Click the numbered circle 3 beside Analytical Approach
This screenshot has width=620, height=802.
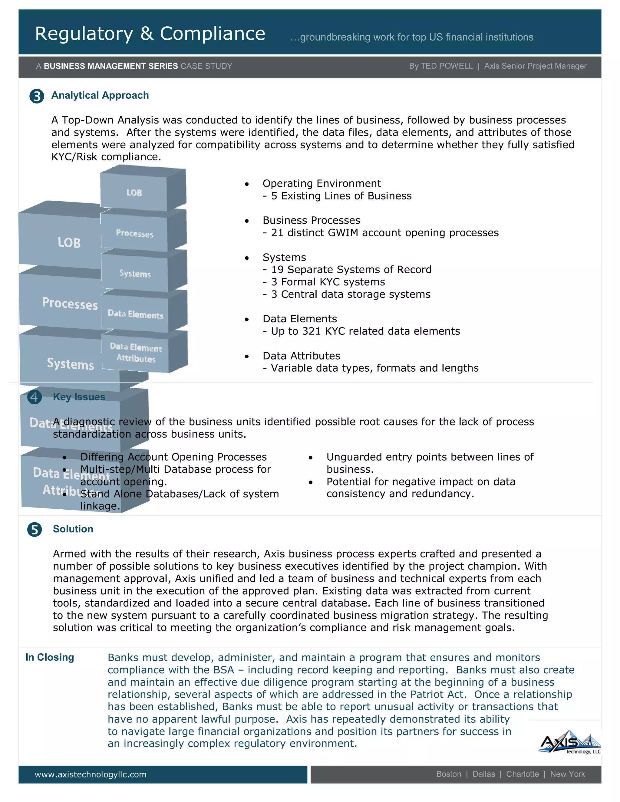37,96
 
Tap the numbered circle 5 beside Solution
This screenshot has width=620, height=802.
35,530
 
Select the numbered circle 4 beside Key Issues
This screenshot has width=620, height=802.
35,397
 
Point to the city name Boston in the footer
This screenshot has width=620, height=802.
448,774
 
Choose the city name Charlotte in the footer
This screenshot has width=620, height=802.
522,774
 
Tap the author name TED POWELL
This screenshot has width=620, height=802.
447,66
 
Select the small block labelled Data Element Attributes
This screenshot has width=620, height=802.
136,353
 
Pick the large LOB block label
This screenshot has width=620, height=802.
69,242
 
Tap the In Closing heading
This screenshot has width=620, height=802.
50,657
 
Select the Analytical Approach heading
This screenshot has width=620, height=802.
100,95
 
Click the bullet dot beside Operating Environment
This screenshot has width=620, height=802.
247,184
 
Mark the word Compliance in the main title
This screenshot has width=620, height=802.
212,34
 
